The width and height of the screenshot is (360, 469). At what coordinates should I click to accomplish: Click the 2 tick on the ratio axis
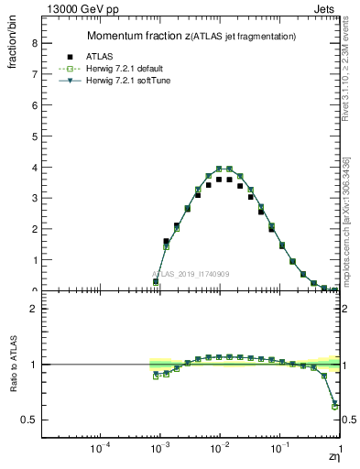pos(34,309)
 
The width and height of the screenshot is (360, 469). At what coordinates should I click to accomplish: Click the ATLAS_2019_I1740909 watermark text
pos(192,274)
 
